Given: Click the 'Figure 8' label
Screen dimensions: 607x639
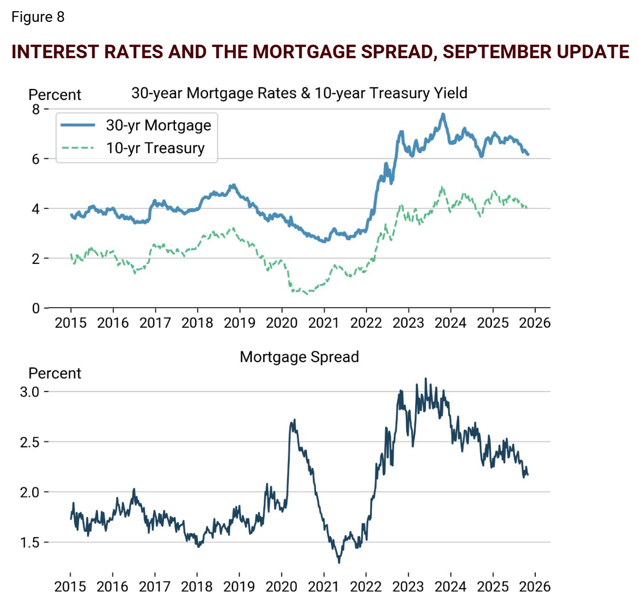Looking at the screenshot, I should (x=38, y=17).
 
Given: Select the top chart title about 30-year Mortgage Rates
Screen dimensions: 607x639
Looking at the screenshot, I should (x=299, y=93).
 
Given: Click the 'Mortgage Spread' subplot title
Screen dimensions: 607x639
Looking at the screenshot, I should (x=299, y=357).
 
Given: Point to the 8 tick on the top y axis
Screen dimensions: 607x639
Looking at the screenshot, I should (x=36, y=109).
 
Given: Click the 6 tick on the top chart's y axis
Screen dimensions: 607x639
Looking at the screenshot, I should (x=36, y=159).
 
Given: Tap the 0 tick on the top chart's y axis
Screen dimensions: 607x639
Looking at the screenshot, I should (x=36, y=308).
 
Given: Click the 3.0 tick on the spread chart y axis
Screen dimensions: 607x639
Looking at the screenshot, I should (x=29, y=392).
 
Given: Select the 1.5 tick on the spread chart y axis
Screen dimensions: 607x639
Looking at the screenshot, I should (x=29, y=543).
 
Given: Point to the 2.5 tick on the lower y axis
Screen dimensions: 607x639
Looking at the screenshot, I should (x=29, y=442).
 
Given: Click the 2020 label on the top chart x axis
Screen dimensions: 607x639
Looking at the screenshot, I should (x=282, y=323).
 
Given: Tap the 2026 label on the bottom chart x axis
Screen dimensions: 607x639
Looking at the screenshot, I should (x=535, y=587).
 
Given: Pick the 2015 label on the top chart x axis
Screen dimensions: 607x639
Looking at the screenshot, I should (x=71, y=323).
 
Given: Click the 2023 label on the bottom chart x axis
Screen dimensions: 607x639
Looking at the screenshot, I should (x=408, y=587).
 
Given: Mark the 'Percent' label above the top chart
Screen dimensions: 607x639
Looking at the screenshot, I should (x=54, y=94).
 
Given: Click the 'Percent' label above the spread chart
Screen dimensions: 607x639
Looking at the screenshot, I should (x=54, y=373).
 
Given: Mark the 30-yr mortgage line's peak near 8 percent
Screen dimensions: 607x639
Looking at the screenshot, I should (x=443, y=114).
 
